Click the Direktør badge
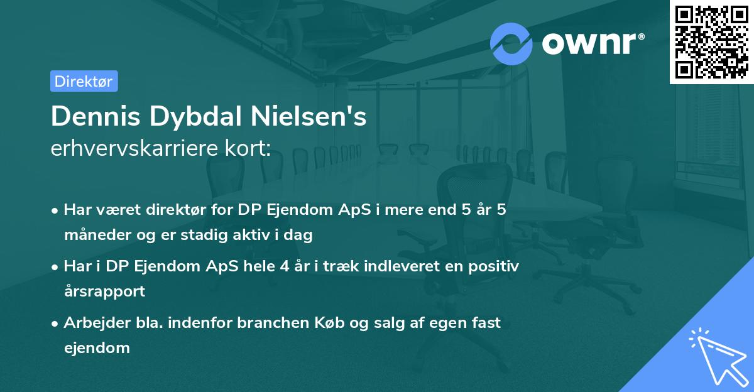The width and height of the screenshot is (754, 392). pos(84,81)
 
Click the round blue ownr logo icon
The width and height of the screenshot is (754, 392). pos(511,43)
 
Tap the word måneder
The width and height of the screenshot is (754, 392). pos(92,235)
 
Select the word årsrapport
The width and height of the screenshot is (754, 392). pos(104,291)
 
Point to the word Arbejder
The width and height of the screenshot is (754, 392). pos(91,322)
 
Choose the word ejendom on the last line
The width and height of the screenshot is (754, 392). pos(97,347)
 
